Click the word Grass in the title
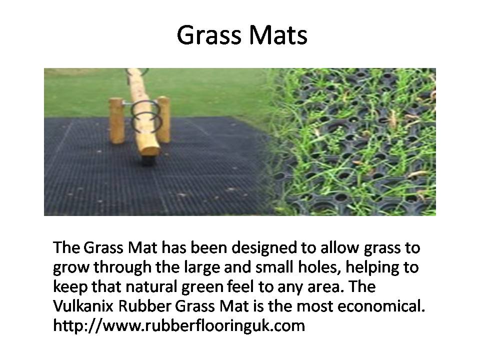pyautogui.click(x=209, y=36)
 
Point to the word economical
pyautogui.click(x=381, y=306)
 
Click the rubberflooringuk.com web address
pyautogui.click(x=179, y=325)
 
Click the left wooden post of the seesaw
pyautogui.click(x=117, y=120)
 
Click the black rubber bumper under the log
pyautogui.click(x=147, y=160)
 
